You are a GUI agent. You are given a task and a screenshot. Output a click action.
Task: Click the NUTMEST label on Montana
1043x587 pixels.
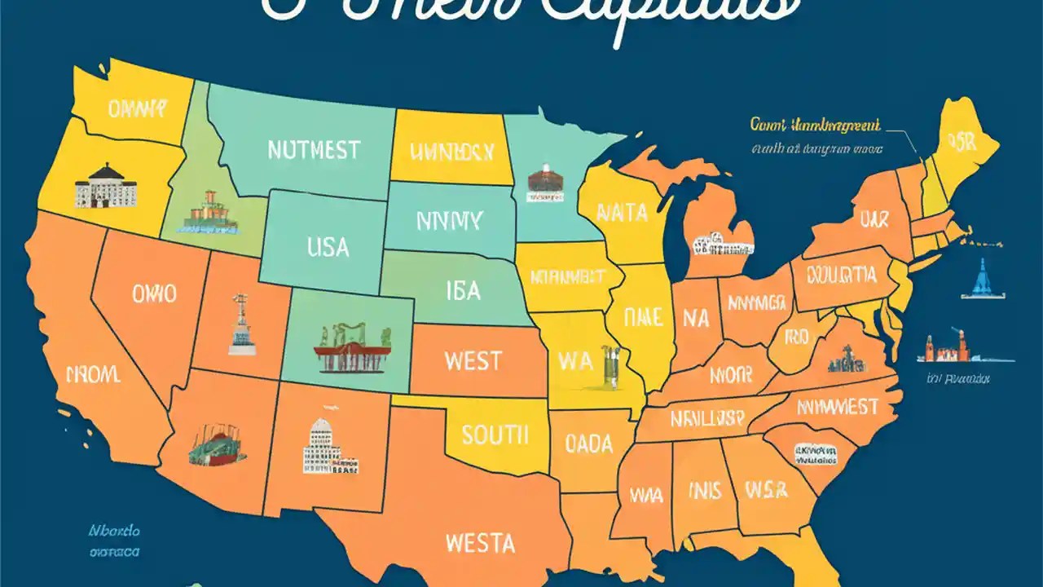pyautogui.click(x=313, y=150)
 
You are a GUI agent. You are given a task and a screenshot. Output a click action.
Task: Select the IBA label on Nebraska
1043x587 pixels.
pyautogui.click(x=463, y=291)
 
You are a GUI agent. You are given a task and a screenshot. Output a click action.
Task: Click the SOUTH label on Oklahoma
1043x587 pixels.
pyautogui.click(x=495, y=434)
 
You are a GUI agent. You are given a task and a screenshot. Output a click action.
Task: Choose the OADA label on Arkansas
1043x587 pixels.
pyautogui.click(x=588, y=444)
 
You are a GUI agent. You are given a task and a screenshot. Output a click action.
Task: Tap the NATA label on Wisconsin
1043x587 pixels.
pyautogui.click(x=622, y=213)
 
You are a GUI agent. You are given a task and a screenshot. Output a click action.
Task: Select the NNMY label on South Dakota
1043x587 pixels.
pyautogui.click(x=449, y=220)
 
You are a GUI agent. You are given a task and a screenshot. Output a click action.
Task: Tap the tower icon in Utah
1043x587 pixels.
pyautogui.click(x=241, y=324)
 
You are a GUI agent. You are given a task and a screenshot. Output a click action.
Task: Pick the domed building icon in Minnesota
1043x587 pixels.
pyautogui.click(x=545, y=183)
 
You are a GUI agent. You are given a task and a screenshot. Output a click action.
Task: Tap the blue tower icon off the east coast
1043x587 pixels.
pyautogui.click(x=981, y=280)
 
